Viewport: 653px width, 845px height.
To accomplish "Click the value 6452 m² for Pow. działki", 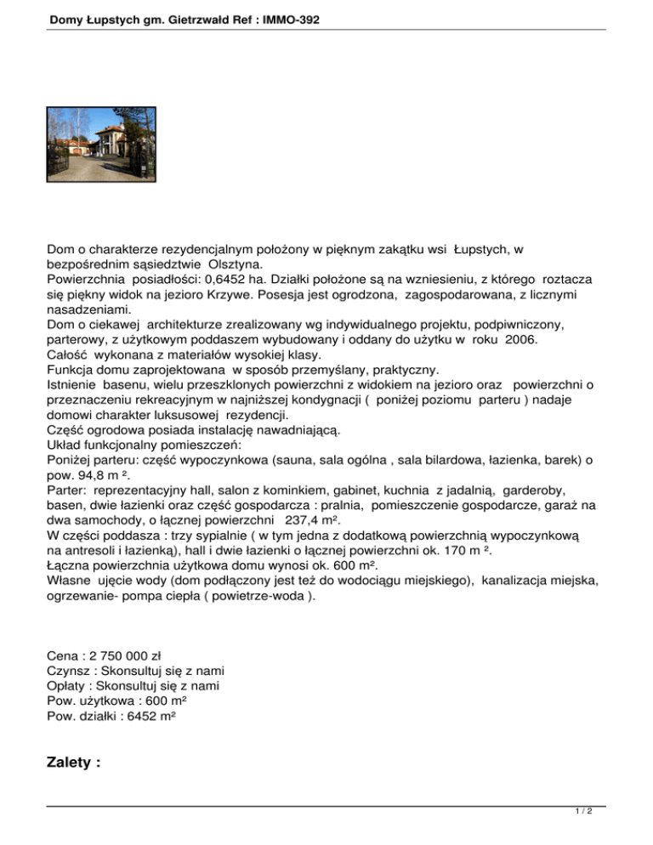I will point(156,717).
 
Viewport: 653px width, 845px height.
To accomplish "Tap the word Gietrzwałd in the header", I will point(185,18).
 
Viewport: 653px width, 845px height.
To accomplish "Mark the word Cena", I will point(63,655).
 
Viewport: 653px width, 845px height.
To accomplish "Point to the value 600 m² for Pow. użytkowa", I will point(164,701).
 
